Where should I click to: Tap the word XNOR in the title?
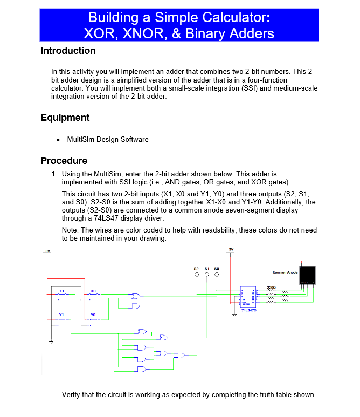pos(146,33)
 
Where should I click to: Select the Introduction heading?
pos(68,51)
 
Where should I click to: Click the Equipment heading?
pos(65,118)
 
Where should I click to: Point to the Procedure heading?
pos(64,161)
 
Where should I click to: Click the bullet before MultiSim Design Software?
pos(58,140)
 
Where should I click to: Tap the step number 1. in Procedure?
pos(54,174)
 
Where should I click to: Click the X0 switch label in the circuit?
pos(93,291)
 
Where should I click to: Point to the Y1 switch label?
pos(61,314)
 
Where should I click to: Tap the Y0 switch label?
pos(93,314)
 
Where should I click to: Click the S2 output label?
pos(196,268)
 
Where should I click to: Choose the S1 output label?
pos(206,268)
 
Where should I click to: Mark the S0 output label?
pos(217,268)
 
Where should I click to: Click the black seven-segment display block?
pos(308,275)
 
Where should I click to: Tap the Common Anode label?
pos(285,272)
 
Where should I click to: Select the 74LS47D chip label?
pos(249,310)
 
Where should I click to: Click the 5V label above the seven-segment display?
pos(231,249)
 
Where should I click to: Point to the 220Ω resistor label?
pos(272,287)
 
